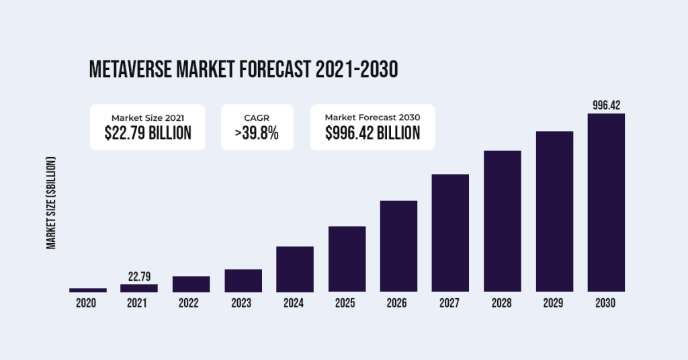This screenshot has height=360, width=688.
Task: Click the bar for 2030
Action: pos(606,203)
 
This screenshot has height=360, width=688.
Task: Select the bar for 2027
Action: pos(450,233)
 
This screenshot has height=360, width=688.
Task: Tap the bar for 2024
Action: pos(294,269)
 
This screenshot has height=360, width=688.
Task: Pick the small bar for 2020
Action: pos(87,290)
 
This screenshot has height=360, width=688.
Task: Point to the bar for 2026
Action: pos(398,246)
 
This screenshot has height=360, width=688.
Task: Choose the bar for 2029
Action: pos(554,212)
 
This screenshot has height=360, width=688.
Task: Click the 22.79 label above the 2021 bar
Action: pos(139,276)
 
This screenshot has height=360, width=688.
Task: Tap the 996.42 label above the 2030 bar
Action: pos(606,105)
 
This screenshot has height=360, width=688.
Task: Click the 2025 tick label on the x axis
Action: pos(346,304)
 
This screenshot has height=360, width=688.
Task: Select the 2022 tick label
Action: pos(191,304)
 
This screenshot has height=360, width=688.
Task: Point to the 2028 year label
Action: pos(503,304)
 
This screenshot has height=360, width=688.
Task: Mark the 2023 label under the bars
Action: pos(243,304)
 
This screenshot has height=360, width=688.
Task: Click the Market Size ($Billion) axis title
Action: pos(51,203)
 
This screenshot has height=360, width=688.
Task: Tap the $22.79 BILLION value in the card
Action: pos(148,133)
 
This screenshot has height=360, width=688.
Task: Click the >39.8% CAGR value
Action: pos(257,133)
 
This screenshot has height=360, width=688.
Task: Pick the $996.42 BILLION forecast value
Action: pos(372,133)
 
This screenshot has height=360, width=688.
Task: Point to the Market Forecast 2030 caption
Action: pos(372,117)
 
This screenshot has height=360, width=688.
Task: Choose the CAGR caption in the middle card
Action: pos(257,117)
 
